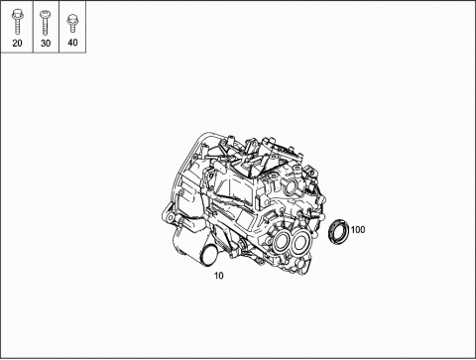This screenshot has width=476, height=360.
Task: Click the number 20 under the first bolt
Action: pyautogui.click(x=17, y=43)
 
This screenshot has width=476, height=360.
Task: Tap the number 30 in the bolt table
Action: pyautogui.click(x=46, y=43)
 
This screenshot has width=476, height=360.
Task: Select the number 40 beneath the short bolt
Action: pyautogui.click(x=72, y=43)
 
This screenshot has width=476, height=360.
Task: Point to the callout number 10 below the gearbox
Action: pyautogui.click(x=219, y=276)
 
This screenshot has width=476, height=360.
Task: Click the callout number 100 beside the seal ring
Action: pyautogui.click(x=358, y=229)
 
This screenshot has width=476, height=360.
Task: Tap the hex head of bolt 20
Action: pyautogui.click(x=16, y=14)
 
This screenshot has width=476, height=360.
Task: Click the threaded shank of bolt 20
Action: pyautogui.click(x=17, y=27)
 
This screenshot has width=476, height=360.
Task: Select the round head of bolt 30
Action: pyautogui.click(x=45, y=15)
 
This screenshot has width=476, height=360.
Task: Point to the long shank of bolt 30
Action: pyautogui.click(x=45, y=27)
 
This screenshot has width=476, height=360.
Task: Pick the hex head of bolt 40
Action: pyautogui.click(x=71, y=19)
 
